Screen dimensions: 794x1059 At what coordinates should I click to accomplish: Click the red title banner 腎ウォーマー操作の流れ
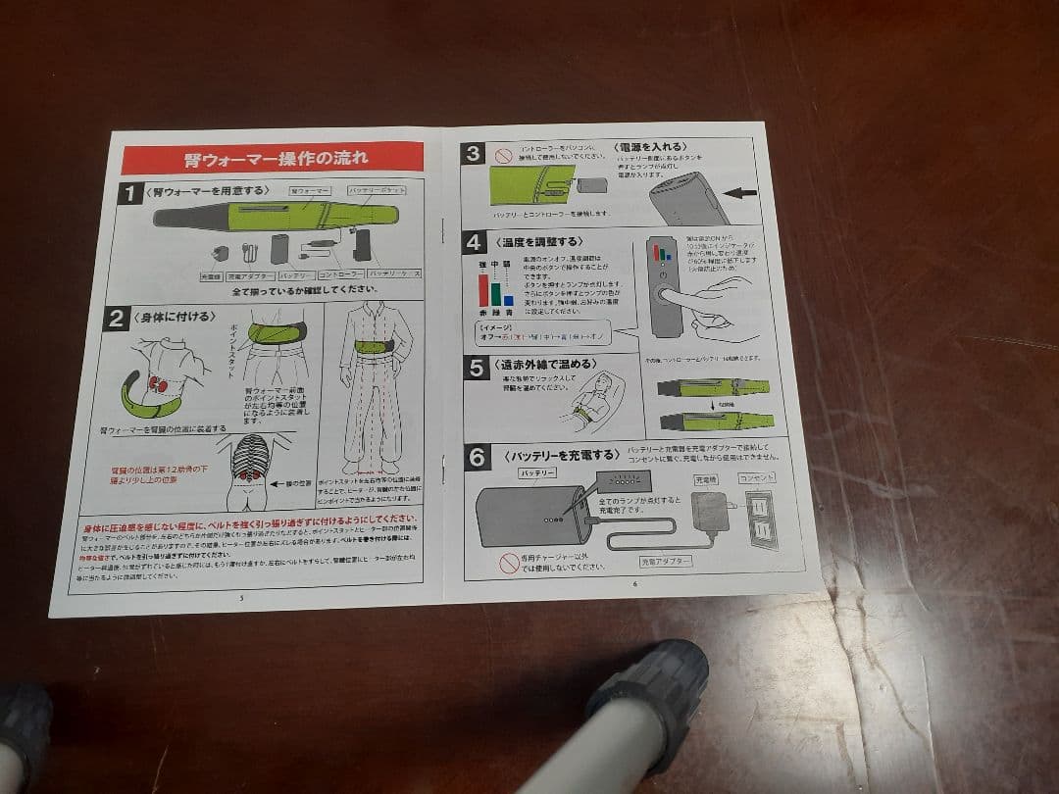point(274,158)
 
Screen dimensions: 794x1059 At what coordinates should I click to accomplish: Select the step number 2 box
point(117,318)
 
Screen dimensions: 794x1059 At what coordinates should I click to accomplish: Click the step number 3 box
point(475,153)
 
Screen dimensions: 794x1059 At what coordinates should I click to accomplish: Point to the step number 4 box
point(475,242)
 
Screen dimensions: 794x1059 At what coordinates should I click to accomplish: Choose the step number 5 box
point(477,368)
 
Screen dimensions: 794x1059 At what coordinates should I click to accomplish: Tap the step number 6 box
point(478,456)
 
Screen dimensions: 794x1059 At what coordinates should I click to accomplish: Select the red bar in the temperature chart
point(483,291)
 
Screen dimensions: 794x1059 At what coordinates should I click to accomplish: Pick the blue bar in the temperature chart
point(509,300)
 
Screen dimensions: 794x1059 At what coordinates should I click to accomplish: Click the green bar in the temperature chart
point(496,294)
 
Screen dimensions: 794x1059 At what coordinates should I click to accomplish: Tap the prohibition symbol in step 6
point(509,562)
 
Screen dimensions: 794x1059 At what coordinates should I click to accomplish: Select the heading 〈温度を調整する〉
point(538,241)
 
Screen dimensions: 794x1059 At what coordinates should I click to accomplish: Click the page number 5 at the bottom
point(240,597)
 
